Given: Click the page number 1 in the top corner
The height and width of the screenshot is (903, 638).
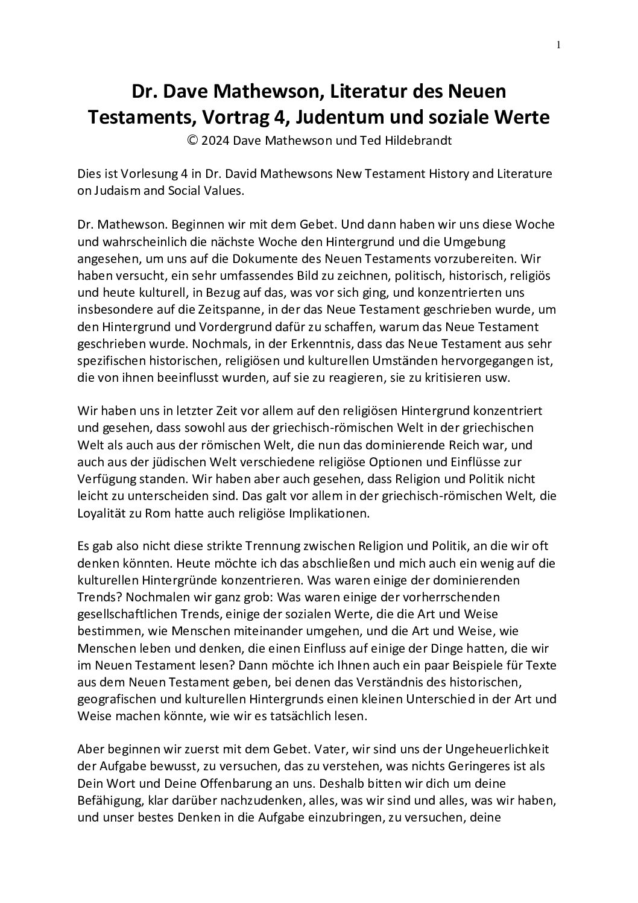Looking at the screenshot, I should [x=558, y=45].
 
